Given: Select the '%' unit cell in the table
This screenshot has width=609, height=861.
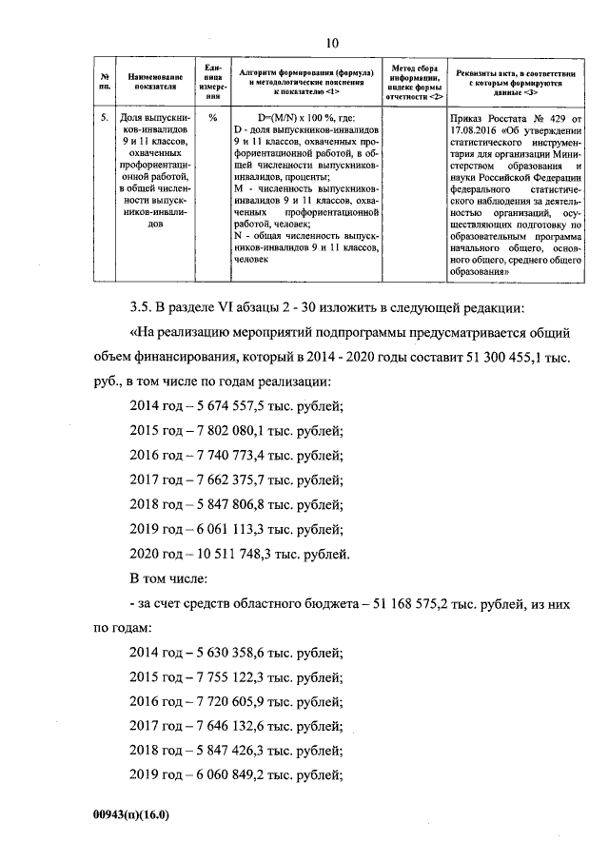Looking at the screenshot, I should [212, 119].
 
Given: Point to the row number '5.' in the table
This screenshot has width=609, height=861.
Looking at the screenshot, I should [105, 119].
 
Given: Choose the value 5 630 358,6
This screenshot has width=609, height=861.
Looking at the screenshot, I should [229, 653].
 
